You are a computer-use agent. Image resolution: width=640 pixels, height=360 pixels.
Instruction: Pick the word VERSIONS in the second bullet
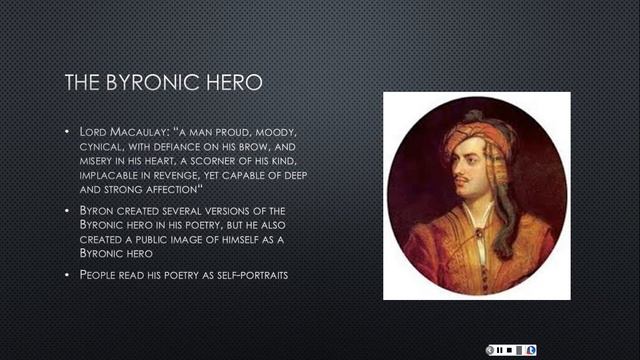pos(216,213)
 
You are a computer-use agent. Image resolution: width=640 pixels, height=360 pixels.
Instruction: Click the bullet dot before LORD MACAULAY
pos(68,132)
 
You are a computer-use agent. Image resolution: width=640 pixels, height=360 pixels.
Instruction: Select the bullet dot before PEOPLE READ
pos(68,273)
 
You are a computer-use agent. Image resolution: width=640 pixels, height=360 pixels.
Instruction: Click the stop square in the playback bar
pos(510,349)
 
